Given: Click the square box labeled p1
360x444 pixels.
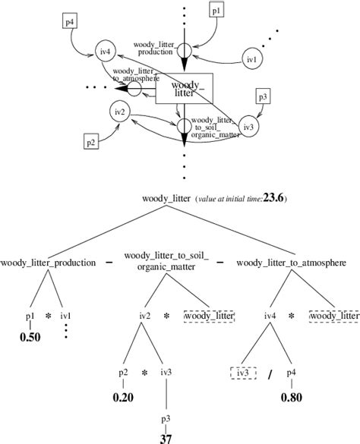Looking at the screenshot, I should point(216,13).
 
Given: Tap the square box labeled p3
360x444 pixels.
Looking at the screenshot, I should point(263,96).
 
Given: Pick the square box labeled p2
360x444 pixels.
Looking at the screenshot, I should point(90,142).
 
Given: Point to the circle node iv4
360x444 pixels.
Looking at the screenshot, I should point(106,52).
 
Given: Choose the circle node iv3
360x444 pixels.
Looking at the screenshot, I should point(246,127).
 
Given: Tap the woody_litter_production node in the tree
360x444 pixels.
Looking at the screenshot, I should point(48,263).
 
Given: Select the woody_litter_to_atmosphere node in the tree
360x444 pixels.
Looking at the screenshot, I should point(292,263).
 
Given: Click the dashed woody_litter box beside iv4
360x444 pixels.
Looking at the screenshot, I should point(333,315).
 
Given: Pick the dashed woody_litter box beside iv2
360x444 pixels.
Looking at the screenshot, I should point(210,315).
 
